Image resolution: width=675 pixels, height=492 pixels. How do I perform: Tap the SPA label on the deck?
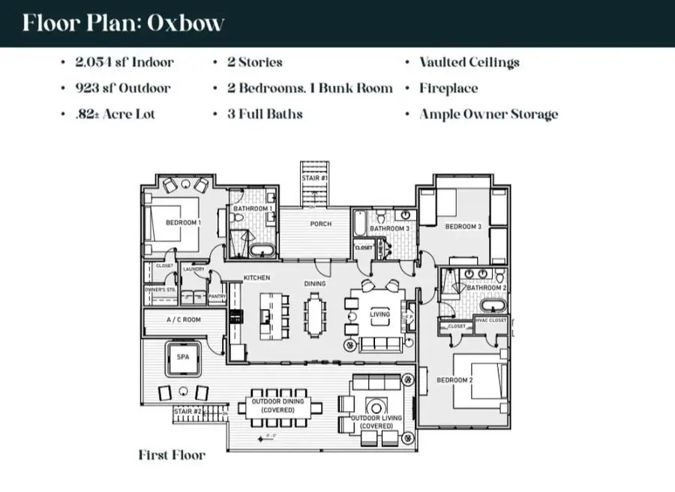tap(183, 358)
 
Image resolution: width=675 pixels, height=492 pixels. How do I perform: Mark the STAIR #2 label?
tap(187, 412)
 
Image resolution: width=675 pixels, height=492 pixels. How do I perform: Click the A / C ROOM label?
tap(182, 320)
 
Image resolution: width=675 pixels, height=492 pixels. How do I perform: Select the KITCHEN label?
tap(256, 278)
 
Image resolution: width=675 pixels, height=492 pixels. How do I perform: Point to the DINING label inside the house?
tap(315, 283)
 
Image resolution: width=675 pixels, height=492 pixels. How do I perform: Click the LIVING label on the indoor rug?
tap(380, 314)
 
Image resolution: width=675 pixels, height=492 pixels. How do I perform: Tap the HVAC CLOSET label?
tap(490, 320)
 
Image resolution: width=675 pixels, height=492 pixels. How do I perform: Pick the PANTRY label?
tap(217, 296)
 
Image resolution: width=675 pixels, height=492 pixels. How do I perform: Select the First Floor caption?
tap(172, 454)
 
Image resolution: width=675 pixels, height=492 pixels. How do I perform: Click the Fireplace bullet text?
tap(448, 88)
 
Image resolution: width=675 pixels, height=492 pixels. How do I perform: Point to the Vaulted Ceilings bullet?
tap(469, 62)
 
